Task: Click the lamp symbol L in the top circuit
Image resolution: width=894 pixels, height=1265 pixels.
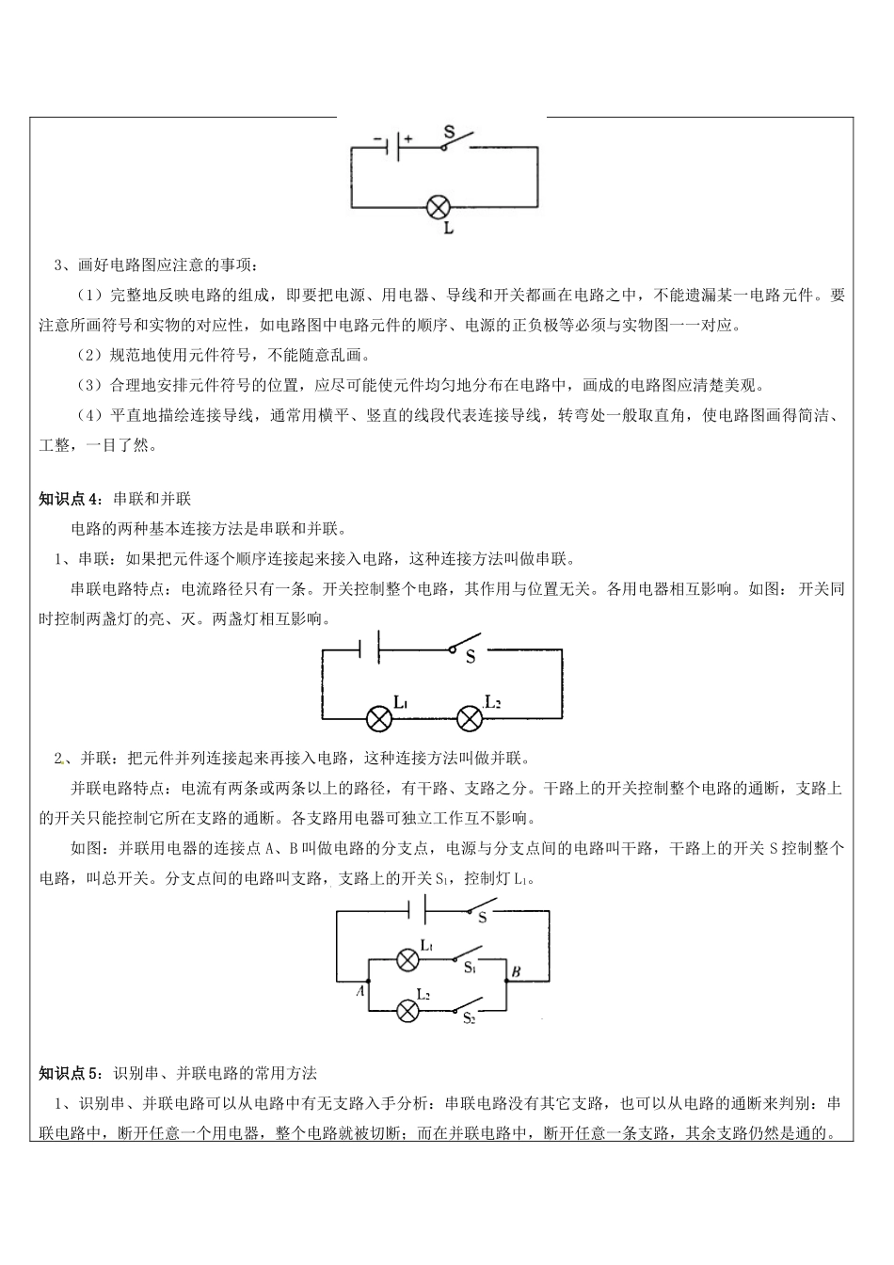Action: tap(439, 207)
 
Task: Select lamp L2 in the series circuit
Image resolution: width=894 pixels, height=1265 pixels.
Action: tap(470, 719)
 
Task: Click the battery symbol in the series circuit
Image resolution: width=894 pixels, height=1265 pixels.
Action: tap(369, 648)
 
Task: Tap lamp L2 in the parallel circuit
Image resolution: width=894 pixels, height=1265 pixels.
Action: tap(407, 1011)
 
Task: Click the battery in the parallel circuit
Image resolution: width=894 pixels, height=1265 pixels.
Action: tap(417, 909)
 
